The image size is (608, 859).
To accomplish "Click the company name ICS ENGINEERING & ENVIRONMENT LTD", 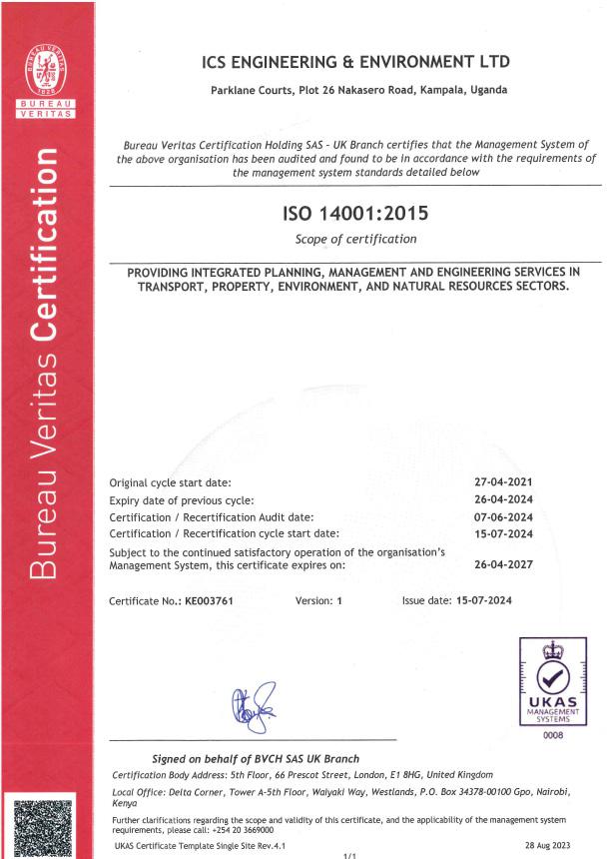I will point(357,63).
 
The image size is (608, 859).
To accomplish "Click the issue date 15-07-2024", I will point(495,601).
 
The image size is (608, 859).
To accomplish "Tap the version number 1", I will point(339,601).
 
